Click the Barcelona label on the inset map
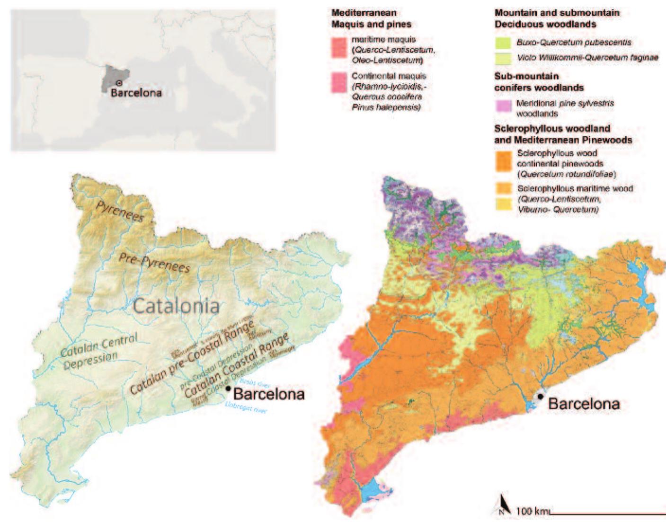tap(136, 93)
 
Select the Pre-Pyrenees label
tap(154, 261)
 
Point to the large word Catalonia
tap(176, 306)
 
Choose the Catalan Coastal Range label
tap(237, 367)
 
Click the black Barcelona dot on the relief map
tap(229, 389)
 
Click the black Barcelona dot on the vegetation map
tap(541, 396)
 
